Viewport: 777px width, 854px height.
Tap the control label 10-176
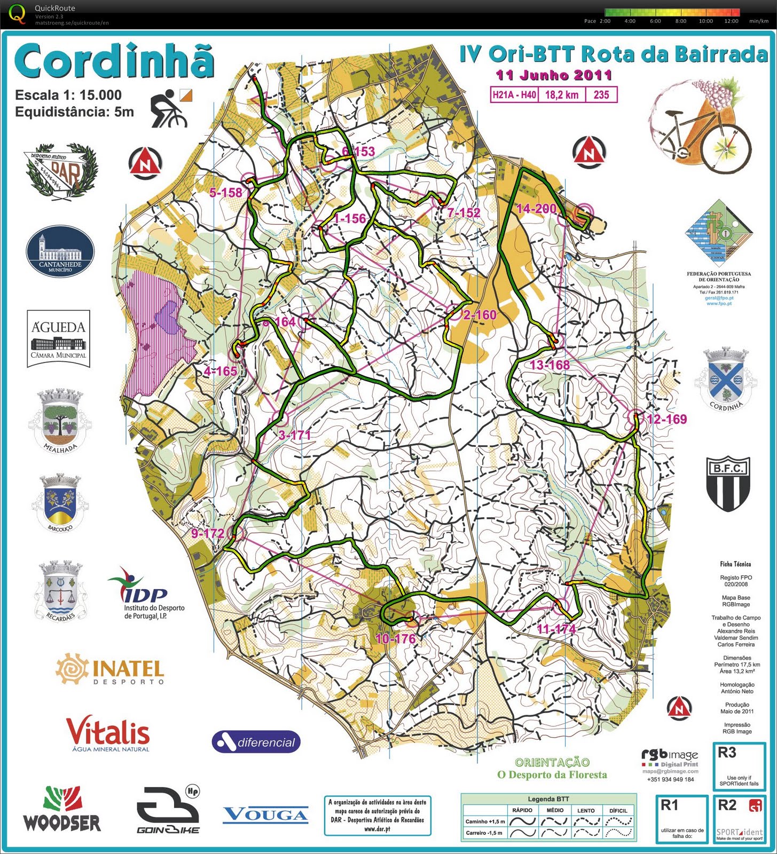click(395, 638)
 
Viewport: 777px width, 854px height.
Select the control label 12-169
click(666, 419)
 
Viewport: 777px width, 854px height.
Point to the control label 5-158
click(225, 192)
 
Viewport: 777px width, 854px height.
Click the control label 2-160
click(480, 315)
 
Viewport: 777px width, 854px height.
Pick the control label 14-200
click(536, 209)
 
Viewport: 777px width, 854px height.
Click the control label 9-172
click(208, 533)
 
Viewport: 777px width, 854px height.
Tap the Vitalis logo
click(108, 733)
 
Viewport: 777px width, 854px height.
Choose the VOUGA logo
click(265, 815)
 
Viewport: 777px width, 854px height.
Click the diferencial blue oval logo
click(256, 742)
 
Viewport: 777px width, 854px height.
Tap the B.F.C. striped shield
click(728, 483)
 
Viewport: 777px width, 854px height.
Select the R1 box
click(682, 819)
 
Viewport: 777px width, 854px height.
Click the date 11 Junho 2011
click(553, 75)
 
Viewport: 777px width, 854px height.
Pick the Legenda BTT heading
click(548, 798)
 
